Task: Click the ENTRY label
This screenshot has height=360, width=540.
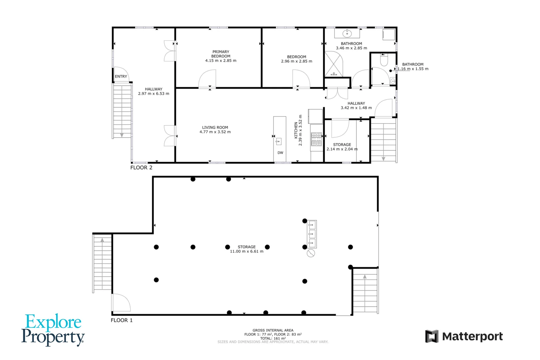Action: [121, 76]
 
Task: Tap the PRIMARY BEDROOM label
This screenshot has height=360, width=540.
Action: [221, 54]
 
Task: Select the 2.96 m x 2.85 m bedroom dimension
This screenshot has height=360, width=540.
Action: [296, 61]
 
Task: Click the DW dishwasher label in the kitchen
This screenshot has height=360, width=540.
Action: [280, 153]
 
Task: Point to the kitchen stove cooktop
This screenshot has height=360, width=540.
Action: [316, 139]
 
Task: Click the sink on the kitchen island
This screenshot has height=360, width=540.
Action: [279, 141]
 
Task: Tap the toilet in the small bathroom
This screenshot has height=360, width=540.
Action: [384, 60]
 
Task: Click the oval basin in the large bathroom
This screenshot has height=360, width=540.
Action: [347, 33]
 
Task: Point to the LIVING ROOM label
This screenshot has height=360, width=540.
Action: [215, 127]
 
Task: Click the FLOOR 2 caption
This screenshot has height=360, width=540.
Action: [141, 168]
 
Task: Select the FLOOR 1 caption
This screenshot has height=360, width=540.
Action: [122, 320]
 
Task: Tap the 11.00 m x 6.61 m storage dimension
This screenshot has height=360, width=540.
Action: [247, 251]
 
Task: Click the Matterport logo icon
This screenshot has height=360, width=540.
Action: [432, 336]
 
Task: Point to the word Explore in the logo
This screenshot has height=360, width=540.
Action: [53, 322]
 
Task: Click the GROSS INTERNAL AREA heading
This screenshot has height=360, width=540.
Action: [273, 330]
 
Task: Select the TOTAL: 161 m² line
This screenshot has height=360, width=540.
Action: [273, 338]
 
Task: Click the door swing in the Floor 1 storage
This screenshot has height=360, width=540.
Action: [121, 303]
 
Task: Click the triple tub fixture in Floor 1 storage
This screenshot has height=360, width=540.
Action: [312, 234]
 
